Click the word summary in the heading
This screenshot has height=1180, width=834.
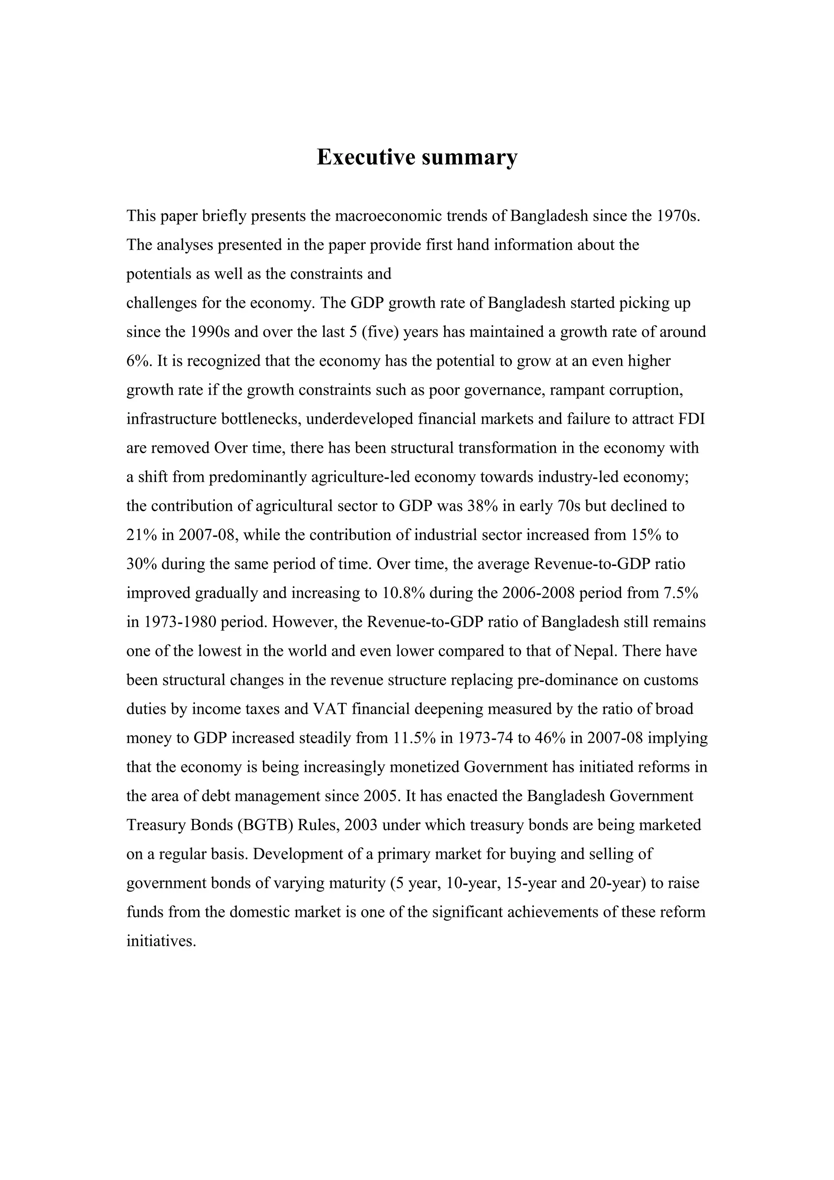point(469,157)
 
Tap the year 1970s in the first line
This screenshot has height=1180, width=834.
point(679,215)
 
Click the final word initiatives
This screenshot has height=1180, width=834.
point(161,941)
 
